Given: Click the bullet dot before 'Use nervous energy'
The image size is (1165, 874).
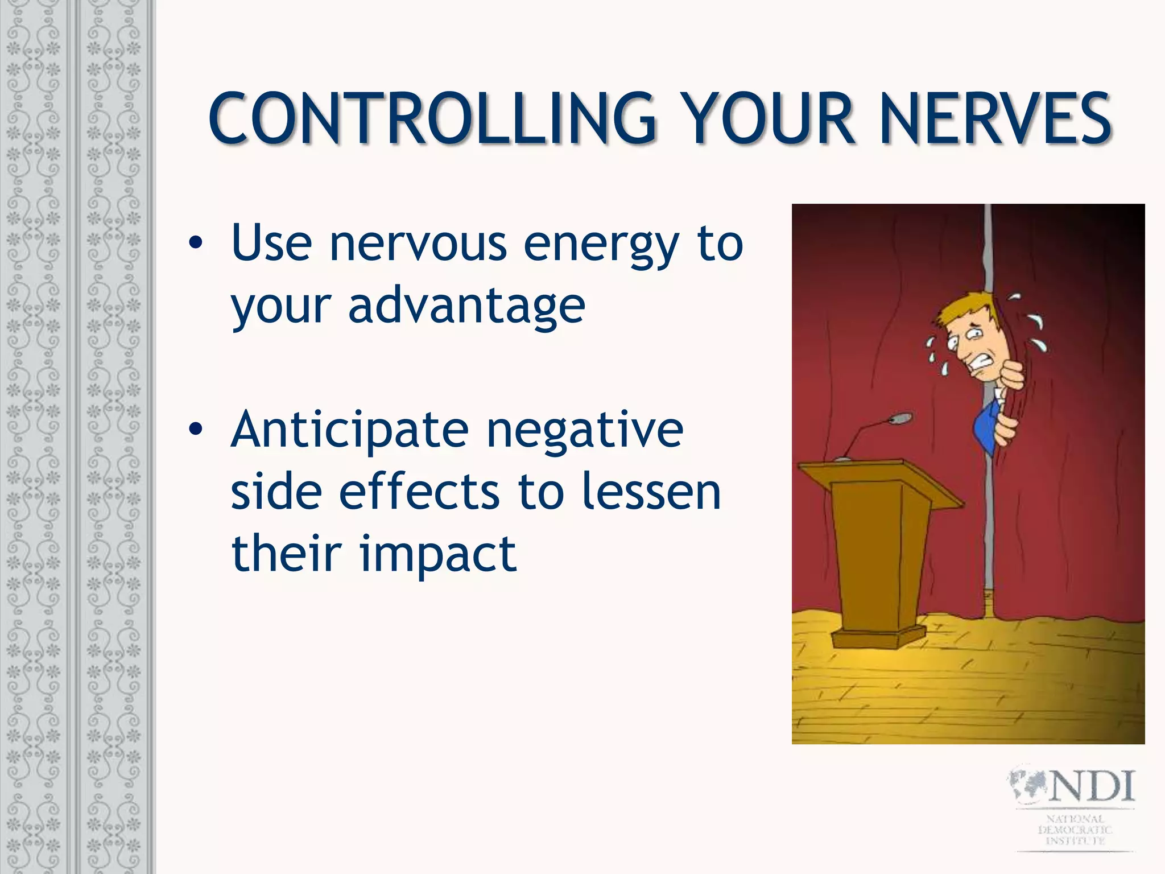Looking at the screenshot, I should [x=195, y=244].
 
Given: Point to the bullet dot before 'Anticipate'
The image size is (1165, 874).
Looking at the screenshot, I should [x=195, y=430].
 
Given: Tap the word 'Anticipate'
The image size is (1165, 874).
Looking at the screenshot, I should [x=349, y=431].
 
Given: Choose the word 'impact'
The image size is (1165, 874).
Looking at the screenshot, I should [x=438, y=554].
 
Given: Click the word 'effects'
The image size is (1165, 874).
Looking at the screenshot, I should [x=420, y=493].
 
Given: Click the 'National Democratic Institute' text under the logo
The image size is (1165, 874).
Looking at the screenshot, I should [x=1075, y=830].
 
